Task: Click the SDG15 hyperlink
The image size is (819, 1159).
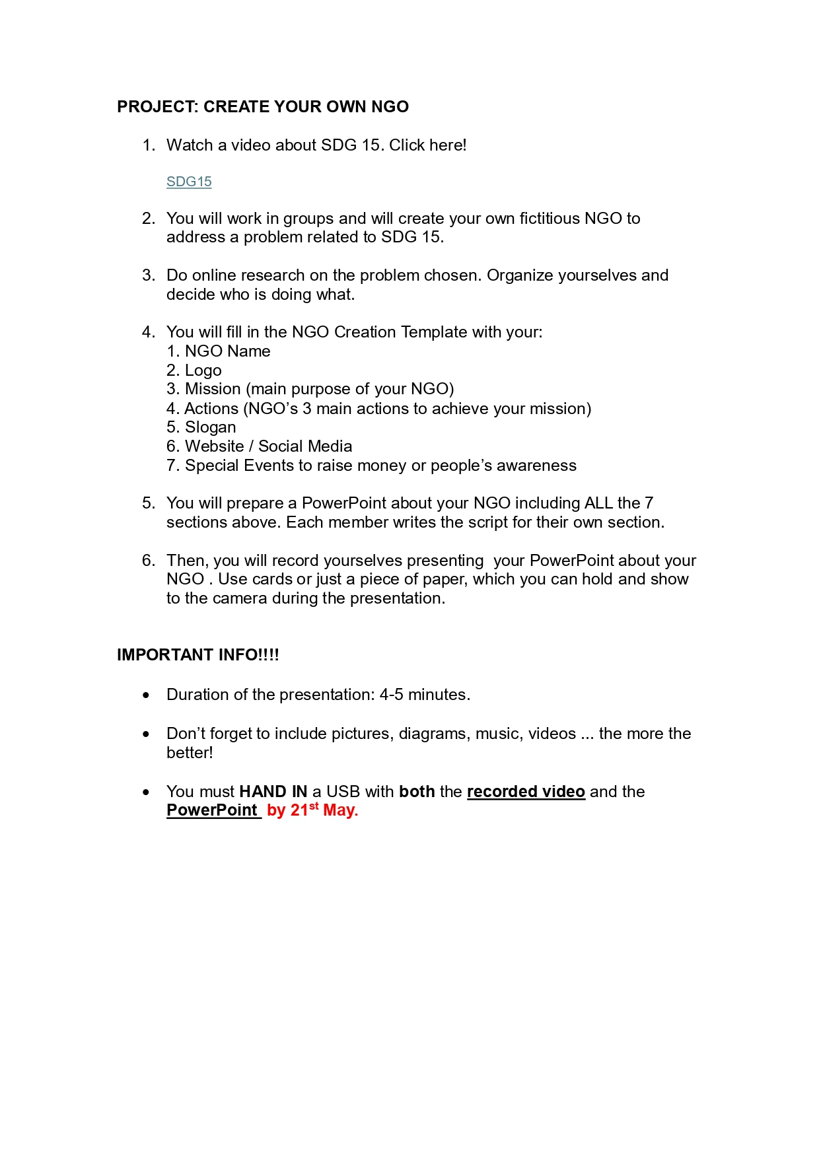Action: [x=189, y=182]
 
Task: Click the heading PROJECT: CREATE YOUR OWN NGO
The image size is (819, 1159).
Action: [x=262, y=107]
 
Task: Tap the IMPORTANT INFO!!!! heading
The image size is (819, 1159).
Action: [x=197, y=654]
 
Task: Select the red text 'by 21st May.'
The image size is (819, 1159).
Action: [x=312, y=810]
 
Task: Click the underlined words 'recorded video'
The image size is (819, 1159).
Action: [x=526, y=791]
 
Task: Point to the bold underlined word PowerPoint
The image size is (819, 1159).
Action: [x=212, y=810]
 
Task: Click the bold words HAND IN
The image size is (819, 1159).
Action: [x=273, y=791]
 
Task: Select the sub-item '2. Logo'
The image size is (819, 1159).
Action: [x=194, y=370]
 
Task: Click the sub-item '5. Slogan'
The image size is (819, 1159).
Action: [x=201, y=427]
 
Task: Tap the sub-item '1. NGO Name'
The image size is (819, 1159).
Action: [x=219, y=351]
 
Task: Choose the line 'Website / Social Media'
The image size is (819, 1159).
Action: [x=268, y=446]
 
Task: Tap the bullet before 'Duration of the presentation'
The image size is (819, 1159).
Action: [x=146, y=695]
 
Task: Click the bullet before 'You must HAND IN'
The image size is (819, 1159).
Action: [x=146, y=792]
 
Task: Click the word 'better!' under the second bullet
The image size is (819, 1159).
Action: [x=190, y=753]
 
